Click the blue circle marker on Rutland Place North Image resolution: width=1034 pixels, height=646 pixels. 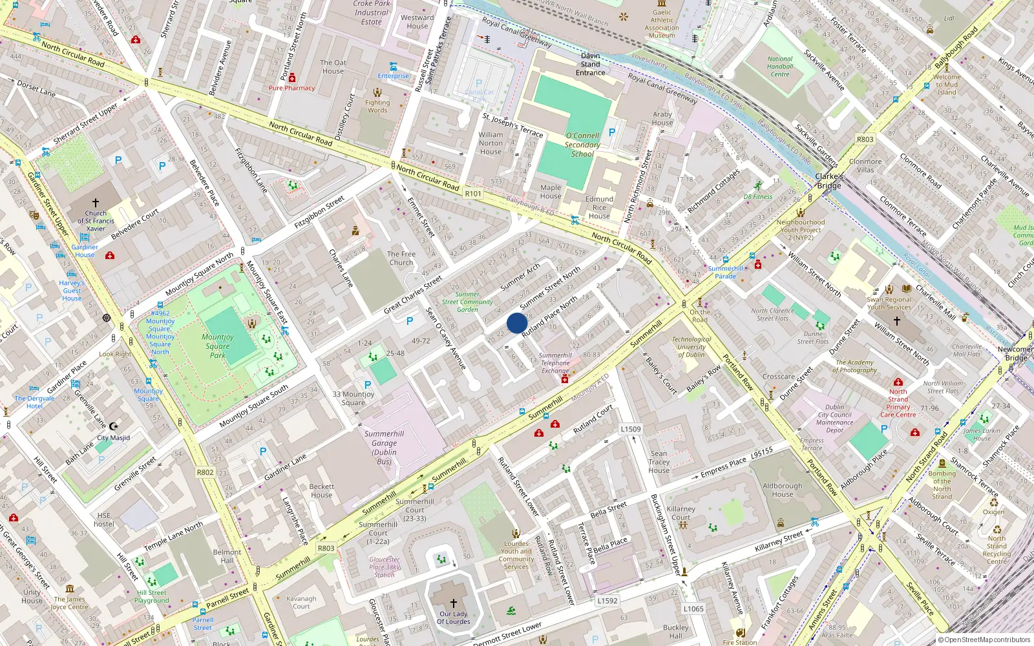point(517,323)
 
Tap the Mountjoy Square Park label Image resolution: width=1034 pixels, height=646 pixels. point(218,346)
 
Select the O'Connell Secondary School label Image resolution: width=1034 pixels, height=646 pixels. point(582,145)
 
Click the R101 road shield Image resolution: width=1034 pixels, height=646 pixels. point(473,193)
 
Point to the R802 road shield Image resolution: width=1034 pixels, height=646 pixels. point(205,472)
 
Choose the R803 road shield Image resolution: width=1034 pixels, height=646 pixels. point(326,548)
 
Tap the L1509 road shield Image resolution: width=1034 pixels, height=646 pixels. point(631,429)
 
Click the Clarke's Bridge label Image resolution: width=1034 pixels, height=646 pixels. point(828,181)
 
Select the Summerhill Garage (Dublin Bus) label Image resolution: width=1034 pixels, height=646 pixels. point(384,448)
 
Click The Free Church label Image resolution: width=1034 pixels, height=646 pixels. point(401,258)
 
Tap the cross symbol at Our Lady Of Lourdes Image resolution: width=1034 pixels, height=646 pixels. point(454,603)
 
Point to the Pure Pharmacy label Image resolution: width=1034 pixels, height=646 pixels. point(292,88)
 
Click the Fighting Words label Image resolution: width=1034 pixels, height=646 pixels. point(377,106)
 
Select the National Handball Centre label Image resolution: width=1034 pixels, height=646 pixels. point(780,67)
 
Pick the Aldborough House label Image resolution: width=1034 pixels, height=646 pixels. point(782,490)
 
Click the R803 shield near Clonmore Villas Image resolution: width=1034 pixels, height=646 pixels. point(865,140)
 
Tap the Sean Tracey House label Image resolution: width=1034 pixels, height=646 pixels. point(659,462)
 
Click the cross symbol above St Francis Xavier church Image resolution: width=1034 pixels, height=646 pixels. point(96,203)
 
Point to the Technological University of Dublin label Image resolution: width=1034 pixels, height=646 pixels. point(691,347)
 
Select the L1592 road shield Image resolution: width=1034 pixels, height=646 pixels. point(607,600)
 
